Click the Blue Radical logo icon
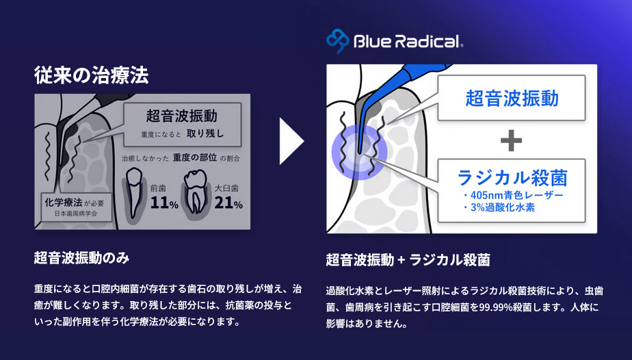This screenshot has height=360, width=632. coord(338,40)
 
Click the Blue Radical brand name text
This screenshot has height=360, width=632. coord(408,41)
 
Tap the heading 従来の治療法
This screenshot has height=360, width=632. coord(92,75)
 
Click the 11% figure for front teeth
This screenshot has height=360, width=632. coord(164,203)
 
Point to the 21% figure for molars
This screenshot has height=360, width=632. coord(228,203)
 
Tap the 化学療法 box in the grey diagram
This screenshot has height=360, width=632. coord(77,207)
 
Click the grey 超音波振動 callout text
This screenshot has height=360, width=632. coord(181,116)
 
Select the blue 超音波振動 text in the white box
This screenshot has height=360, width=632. coord(512,98)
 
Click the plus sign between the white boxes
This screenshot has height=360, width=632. coord(511,141)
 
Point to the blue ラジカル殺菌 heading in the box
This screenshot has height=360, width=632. coord(512,178)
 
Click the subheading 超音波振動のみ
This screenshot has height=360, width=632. coord(81,258)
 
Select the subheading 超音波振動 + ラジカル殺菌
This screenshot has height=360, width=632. coord(408,260)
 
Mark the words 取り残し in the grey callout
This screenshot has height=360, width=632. coord(205,133)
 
